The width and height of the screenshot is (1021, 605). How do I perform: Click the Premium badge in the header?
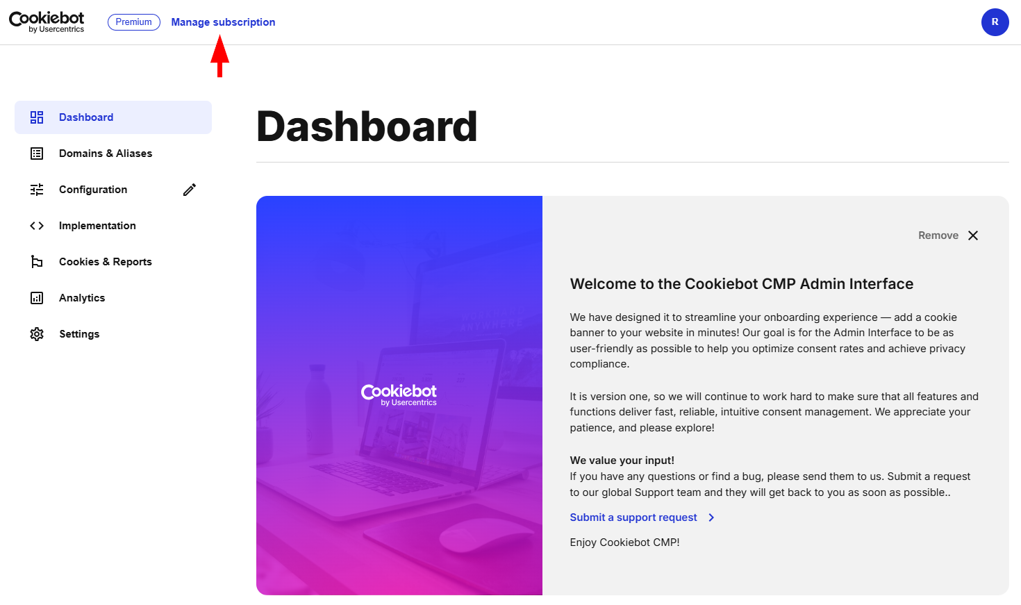[133, 22]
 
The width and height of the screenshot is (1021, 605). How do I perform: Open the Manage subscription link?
[223, 22]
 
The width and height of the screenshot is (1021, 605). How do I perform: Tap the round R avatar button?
[995, 22]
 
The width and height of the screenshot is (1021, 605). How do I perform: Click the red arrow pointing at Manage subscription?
[219, 56]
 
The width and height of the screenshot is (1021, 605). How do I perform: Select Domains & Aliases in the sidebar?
[106, 154]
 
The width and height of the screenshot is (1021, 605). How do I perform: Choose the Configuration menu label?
[93, 189]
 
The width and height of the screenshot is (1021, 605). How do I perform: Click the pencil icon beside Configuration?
[190, 189]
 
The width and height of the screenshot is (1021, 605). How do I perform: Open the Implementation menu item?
[97, 225]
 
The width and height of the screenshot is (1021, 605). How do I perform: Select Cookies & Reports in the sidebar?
[106, 261]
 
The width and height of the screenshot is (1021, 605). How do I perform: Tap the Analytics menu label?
[82, 298]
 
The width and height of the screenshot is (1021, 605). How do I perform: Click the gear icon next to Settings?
[37, 333]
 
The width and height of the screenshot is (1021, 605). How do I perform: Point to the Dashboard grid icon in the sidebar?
[37, 117]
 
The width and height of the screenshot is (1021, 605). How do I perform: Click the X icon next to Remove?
[973, 235]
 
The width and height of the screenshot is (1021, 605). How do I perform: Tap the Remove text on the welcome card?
[938, 235]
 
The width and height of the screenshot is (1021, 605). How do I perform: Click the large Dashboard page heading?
[367, 126]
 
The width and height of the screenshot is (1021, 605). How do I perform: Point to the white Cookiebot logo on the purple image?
[399, 395]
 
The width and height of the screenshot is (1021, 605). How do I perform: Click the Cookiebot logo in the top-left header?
[47, 22]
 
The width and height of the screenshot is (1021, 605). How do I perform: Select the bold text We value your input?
[622, 460]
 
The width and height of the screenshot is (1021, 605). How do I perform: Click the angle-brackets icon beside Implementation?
[37, 226]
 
